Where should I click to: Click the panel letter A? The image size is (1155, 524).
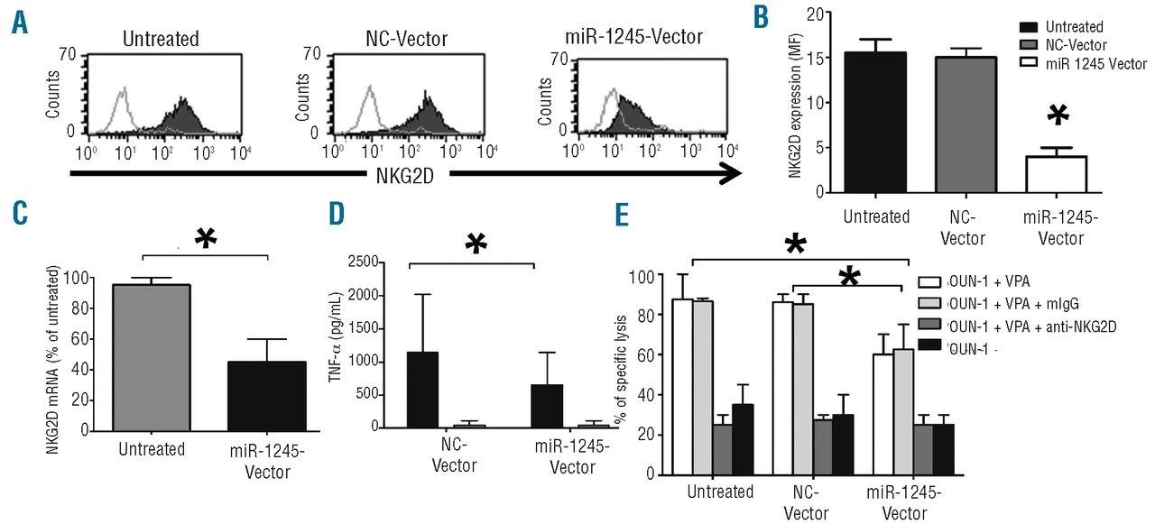(19, 22)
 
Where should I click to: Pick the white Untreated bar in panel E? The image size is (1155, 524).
(682, 386)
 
